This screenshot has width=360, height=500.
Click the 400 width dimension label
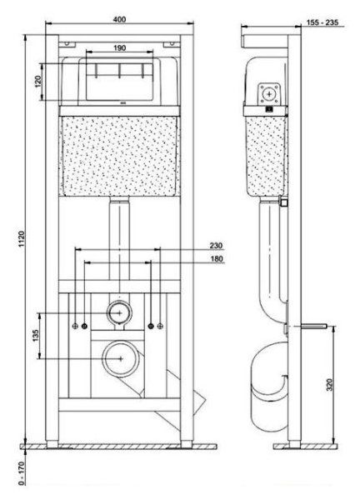119,19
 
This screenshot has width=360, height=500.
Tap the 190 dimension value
119,47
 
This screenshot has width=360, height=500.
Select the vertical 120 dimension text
38,82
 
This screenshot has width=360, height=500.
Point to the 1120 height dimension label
22,239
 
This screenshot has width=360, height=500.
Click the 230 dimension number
216,246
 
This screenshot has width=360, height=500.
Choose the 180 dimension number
217,258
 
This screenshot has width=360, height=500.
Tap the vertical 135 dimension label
35,336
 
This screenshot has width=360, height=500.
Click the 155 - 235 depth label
322,22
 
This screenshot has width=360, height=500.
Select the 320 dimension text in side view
330,385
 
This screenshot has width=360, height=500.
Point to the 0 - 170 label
22,473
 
